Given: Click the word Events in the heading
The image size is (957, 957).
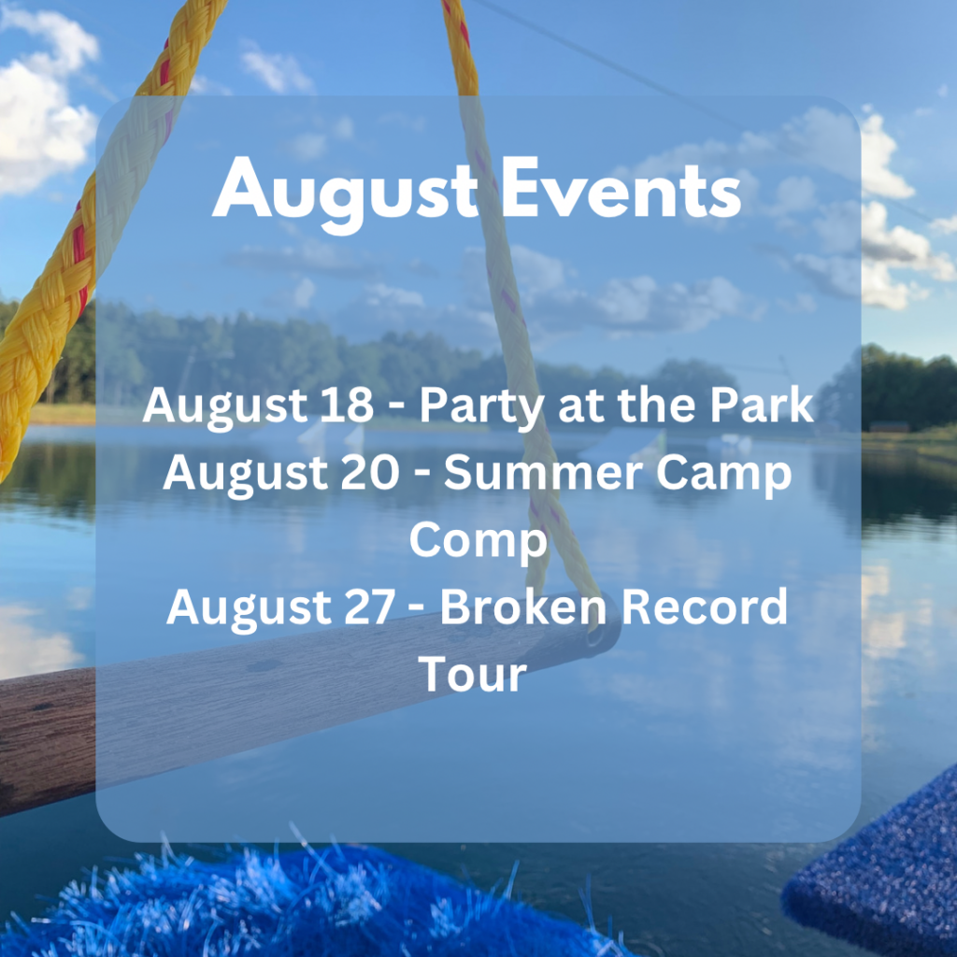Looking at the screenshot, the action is click(x=621, y=189).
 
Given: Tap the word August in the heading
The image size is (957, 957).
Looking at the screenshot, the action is click(x=345, y=194).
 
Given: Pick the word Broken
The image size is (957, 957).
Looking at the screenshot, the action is click(x=523, y=607).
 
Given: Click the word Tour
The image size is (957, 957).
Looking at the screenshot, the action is click(x=472, y=674).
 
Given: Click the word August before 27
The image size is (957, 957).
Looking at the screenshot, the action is click(x=248, y=611).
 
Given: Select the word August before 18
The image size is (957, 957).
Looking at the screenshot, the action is click(x=224, y=409).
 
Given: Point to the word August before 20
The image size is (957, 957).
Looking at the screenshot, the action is click(x=245, y=477).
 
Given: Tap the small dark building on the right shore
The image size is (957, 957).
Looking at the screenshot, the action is click(x=889, y=426).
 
